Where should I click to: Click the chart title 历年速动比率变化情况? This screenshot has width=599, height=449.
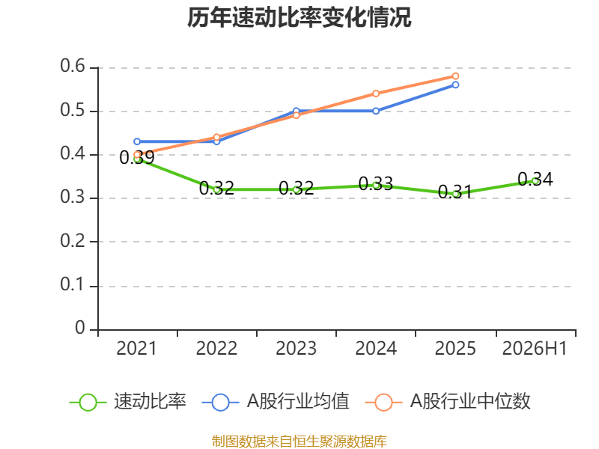coord(299,17)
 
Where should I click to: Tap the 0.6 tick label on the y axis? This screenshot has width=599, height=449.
coord(73,66)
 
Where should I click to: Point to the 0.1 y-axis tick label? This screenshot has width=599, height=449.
coord(73,284)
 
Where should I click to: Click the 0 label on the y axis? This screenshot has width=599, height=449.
coord(80,328)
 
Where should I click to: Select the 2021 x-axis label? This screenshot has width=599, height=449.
coord(136,349)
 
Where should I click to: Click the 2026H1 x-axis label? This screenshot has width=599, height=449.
coord(535,349)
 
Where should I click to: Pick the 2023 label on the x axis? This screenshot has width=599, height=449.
coord(296,349)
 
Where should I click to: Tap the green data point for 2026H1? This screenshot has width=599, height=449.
coord(535,181)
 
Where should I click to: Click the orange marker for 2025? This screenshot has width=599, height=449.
coord(455,76)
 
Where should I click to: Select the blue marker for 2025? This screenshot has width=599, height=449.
coord(455,85)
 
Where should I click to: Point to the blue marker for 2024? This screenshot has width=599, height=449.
coord(376,111)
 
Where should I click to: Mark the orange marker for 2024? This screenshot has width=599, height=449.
coord(376,94)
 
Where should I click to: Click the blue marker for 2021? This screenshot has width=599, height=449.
coord(137,141)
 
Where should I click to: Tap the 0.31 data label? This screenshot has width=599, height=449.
coord(455,192)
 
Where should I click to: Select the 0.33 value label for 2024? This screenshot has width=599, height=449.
coord(376,183)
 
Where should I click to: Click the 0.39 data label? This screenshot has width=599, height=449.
coord(137,158)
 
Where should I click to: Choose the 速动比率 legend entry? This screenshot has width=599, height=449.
coord(128,402)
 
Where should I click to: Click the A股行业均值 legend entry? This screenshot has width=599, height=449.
coord(276,402)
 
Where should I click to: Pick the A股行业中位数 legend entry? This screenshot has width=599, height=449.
coord(448,402)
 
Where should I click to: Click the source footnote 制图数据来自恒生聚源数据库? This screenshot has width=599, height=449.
coord(299,442)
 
